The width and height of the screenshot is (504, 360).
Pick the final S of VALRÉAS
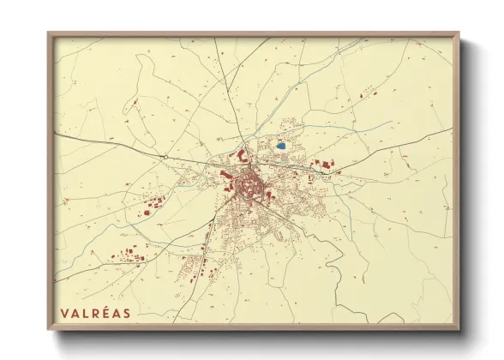(x=128, y=313)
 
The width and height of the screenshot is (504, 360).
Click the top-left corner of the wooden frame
(x=48, y=33)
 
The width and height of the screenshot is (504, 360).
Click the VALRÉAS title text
(x=96, y=313)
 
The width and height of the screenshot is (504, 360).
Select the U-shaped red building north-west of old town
(x=241, y=157)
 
